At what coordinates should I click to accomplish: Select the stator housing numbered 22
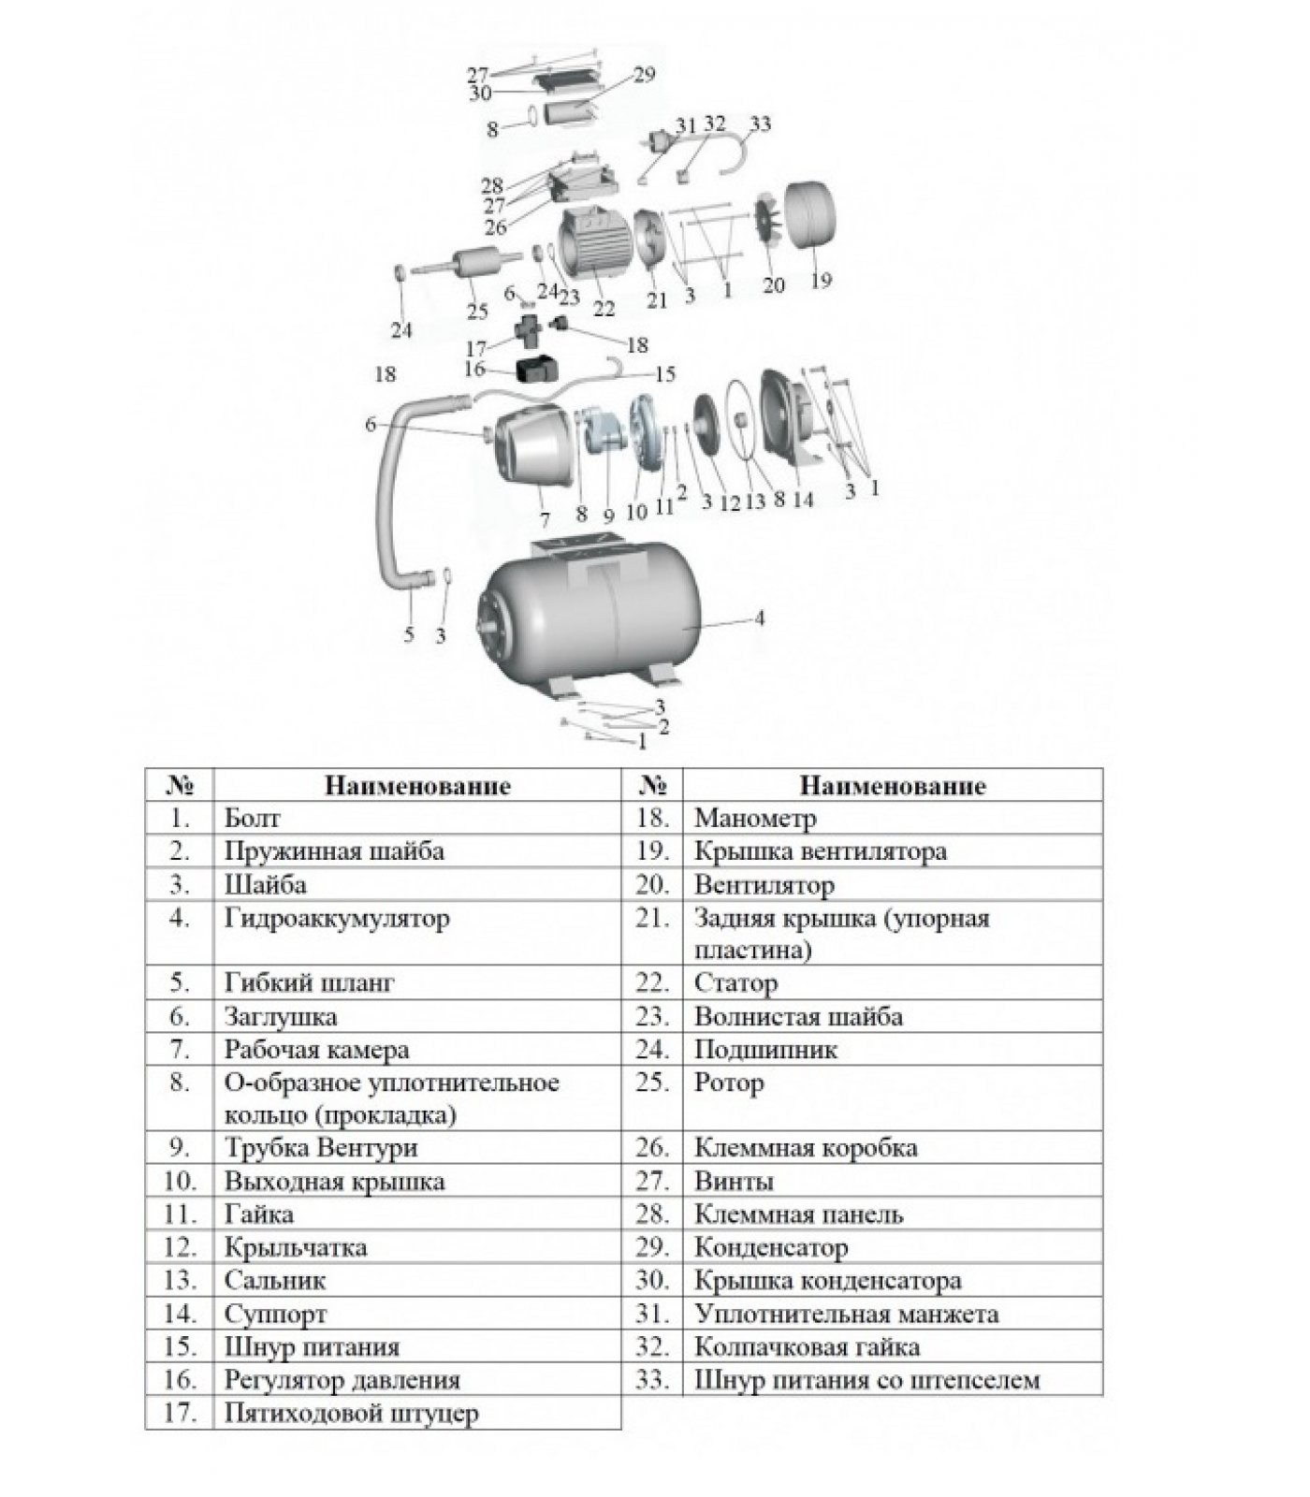(x=596, y=244)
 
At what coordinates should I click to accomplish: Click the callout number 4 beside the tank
(x=759, y=618)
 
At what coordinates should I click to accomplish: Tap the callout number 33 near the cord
(x=760, y=124)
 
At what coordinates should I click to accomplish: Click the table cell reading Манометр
(x=755, y=819)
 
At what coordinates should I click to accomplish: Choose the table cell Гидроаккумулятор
(x=337, y=919)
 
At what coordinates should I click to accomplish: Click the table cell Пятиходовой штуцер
(x=351, y=1413)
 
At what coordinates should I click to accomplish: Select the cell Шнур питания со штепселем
(x=866, y=1380)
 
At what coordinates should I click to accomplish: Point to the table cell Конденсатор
(x=771, y=1247)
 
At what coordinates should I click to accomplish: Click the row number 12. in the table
(x=180, y=1247)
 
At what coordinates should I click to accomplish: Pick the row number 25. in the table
(x=652, y=1083)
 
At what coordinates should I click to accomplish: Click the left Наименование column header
(x=417, y=786)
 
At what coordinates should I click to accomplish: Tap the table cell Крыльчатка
(x=296, y=1247)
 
